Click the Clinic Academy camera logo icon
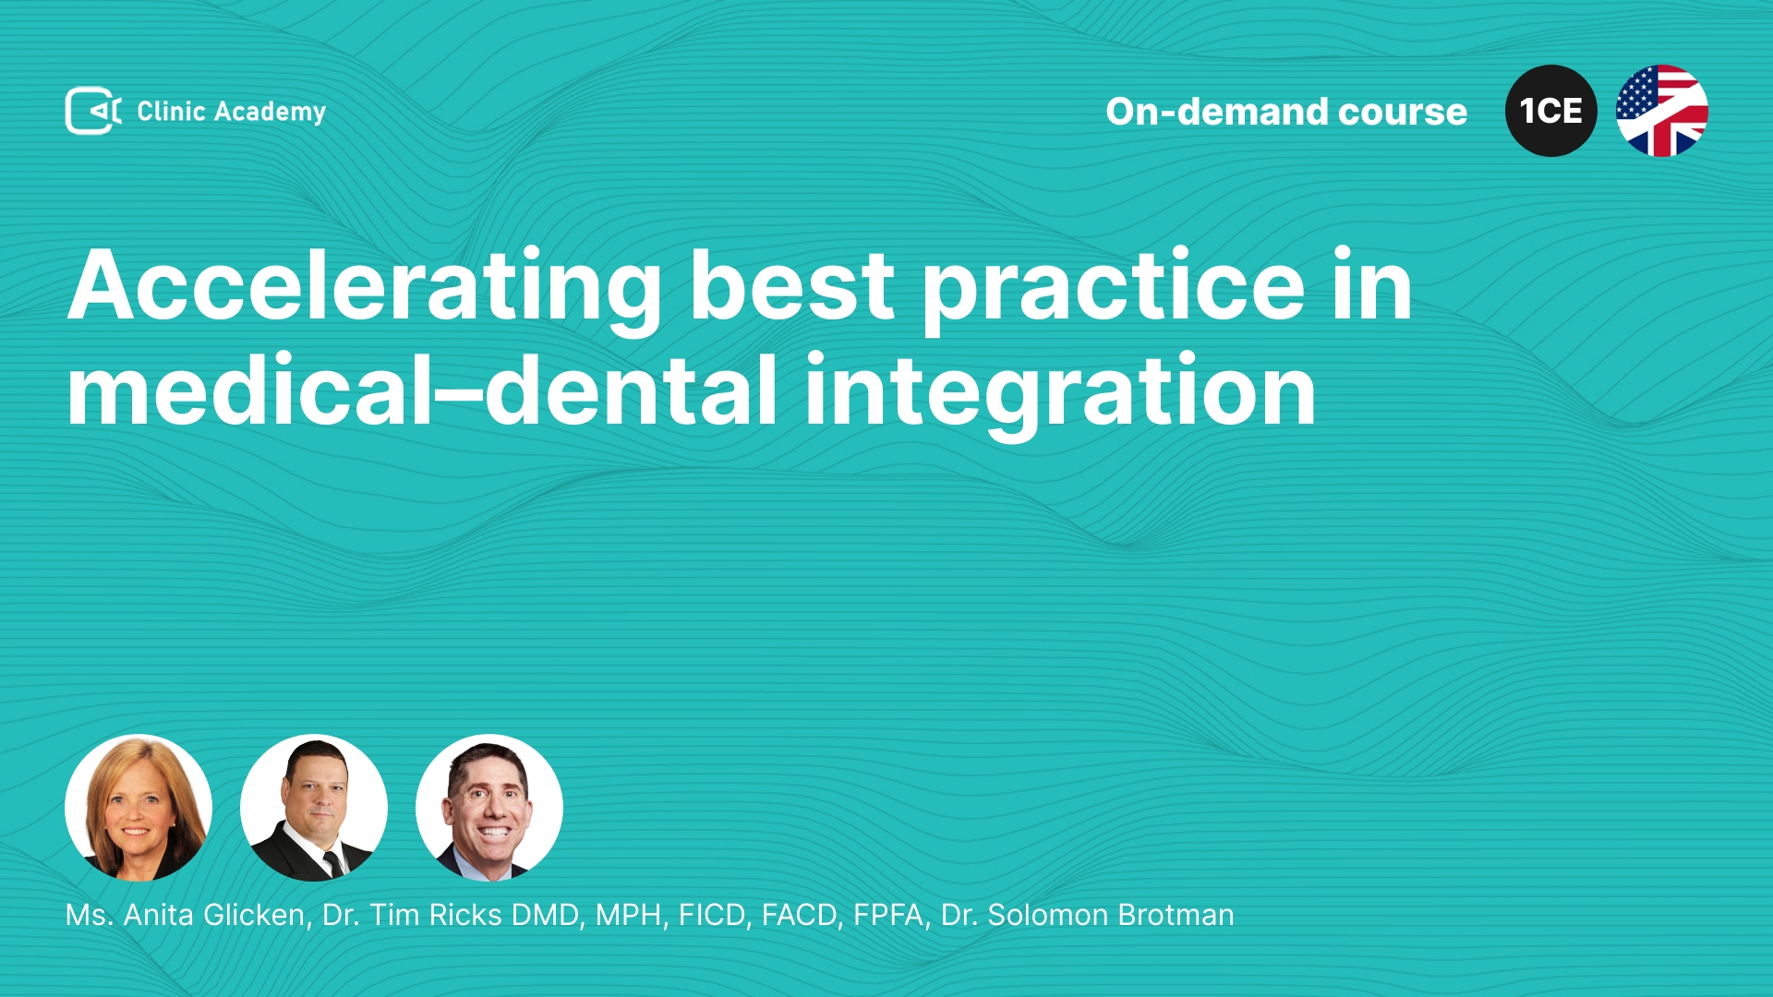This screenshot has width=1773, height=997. point(92,111)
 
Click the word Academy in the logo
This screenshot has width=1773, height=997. point(270,113)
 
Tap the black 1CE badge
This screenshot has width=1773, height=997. point(1550,111)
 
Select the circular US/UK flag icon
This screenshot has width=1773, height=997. point(1661,111)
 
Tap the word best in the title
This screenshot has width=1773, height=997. point(792,286)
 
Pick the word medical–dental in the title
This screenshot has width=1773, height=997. point(422,390)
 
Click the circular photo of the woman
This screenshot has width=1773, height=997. point(139,808)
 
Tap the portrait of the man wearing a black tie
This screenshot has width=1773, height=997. point(314,808)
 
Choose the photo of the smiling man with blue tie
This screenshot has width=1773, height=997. point(489,808)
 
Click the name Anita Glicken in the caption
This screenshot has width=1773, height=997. point(214,915)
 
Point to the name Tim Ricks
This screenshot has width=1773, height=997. point(436,915)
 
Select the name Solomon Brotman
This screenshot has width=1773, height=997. point(1111,915)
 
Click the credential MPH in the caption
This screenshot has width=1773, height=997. point(628,915)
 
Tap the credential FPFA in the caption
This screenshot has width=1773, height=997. point(887,915)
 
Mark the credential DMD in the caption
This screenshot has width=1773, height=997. point(545,915)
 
